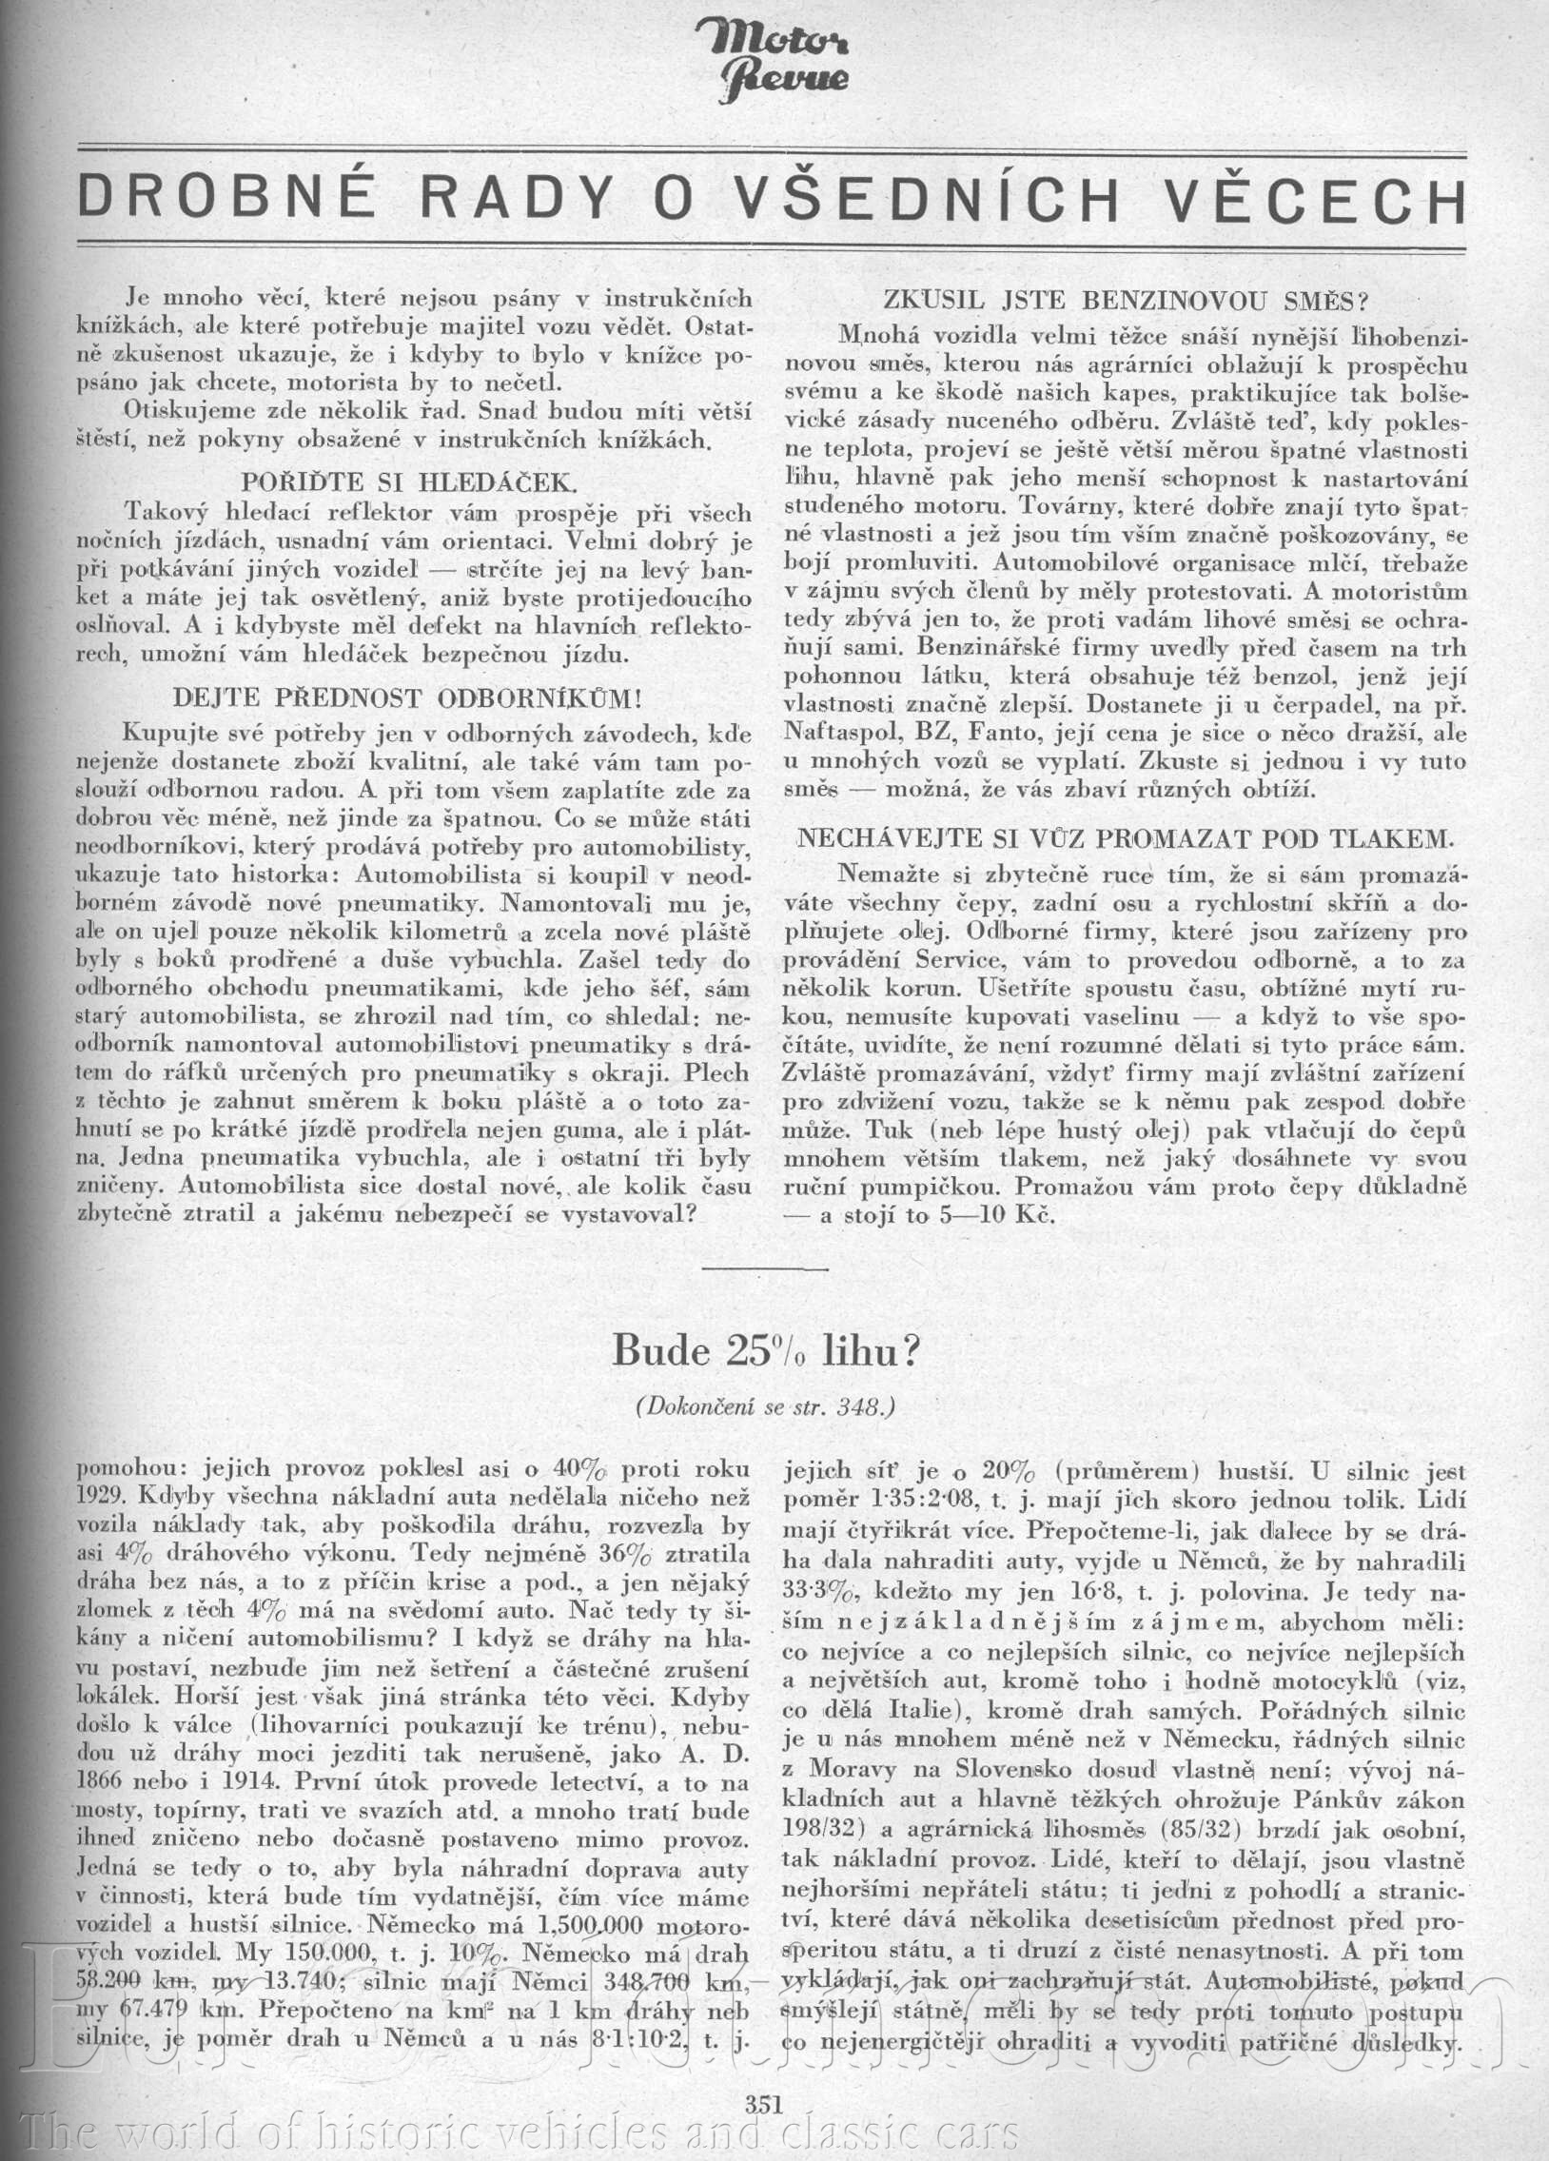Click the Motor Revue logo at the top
coord(774,66)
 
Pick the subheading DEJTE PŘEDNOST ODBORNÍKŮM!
coord(407,697)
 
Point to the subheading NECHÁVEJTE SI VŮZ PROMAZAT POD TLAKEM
coord(1126,838)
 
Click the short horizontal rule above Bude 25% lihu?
coord(773,1269)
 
